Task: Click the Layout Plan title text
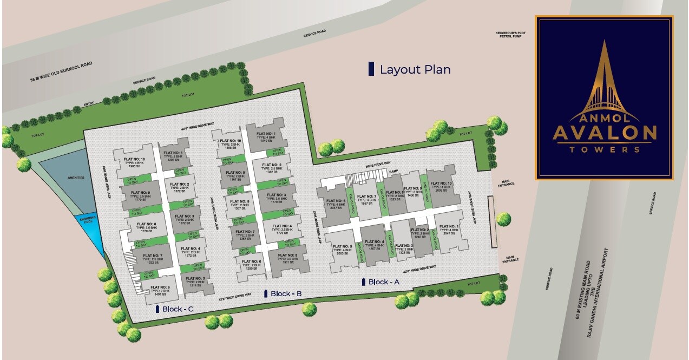pos(415,69)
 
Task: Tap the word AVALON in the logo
pos(604,132)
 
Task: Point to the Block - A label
pos(383,282)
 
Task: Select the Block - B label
pos(285,293)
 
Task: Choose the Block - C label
pos(178,309)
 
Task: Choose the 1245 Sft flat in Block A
pos(421,233)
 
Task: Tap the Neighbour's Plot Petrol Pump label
pos(510,35)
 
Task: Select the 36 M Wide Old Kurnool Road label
pos(62,71)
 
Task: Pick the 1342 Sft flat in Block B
pos(272,168)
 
